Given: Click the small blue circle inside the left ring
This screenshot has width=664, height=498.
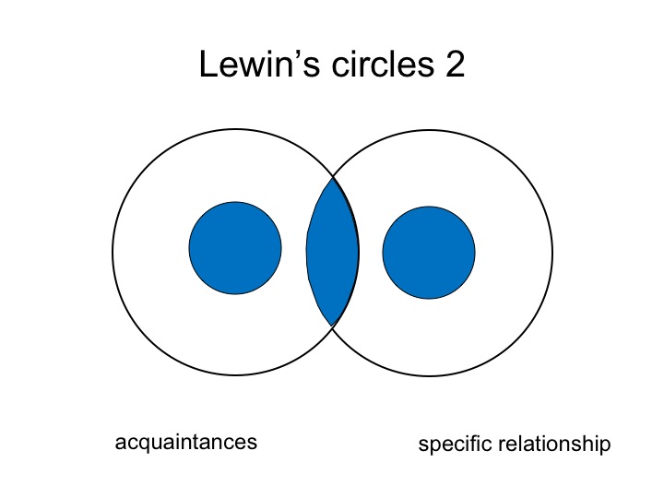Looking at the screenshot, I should tap(235, 248).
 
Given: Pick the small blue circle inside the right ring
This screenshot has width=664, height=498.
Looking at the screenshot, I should tap(429, 253).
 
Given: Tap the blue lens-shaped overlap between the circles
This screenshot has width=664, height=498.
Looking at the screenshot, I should tap(332, 251).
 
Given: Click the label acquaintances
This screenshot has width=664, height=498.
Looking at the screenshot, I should tap(185, 443).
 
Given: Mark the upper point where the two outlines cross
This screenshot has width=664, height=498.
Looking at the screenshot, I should tap(333, 177).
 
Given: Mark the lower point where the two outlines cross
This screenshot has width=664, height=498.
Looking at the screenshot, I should tap(333, 326).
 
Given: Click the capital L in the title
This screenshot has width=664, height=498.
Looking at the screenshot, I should tap(207, 66).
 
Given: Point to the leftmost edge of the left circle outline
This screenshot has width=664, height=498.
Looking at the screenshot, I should tap(113, 251).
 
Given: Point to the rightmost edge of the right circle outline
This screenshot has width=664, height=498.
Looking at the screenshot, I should tap(552, 253).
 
